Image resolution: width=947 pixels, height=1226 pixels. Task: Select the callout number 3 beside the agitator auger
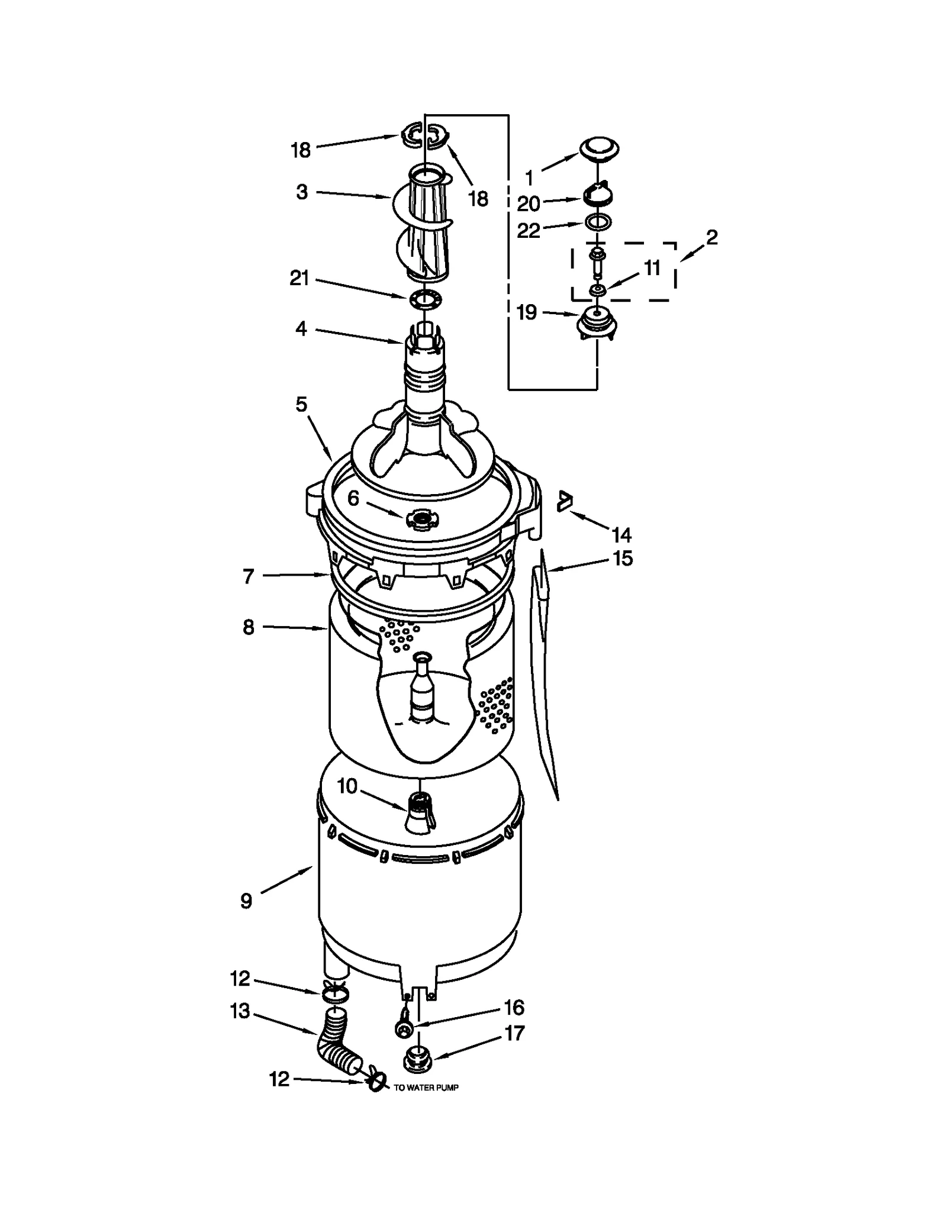(302, 192)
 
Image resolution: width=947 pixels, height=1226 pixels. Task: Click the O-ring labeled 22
(598, 223)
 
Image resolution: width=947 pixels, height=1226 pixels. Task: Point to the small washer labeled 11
(597, 290)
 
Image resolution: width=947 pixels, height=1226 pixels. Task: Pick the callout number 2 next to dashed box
(711, 237)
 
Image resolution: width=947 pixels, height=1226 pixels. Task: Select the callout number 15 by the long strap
(623, 558)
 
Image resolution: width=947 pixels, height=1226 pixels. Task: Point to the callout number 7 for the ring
(249, 576)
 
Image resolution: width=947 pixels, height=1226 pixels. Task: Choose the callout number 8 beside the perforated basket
(249, 627)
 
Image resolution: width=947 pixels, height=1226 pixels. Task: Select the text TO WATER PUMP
(426, 1088)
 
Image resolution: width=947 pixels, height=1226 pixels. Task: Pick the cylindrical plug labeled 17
(417, 1062)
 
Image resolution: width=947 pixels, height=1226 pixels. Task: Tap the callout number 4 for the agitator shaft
(301, 328)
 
